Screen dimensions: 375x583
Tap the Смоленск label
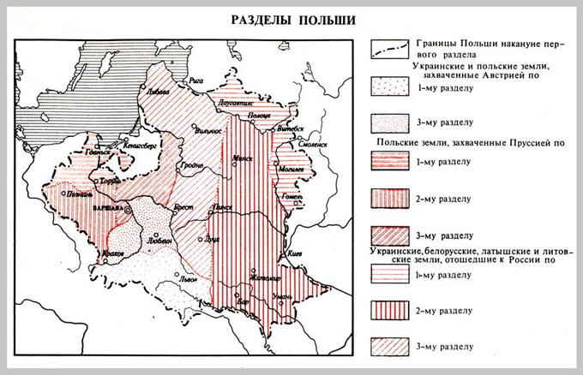click(312, 145)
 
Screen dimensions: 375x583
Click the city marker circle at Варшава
click(129, 208)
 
